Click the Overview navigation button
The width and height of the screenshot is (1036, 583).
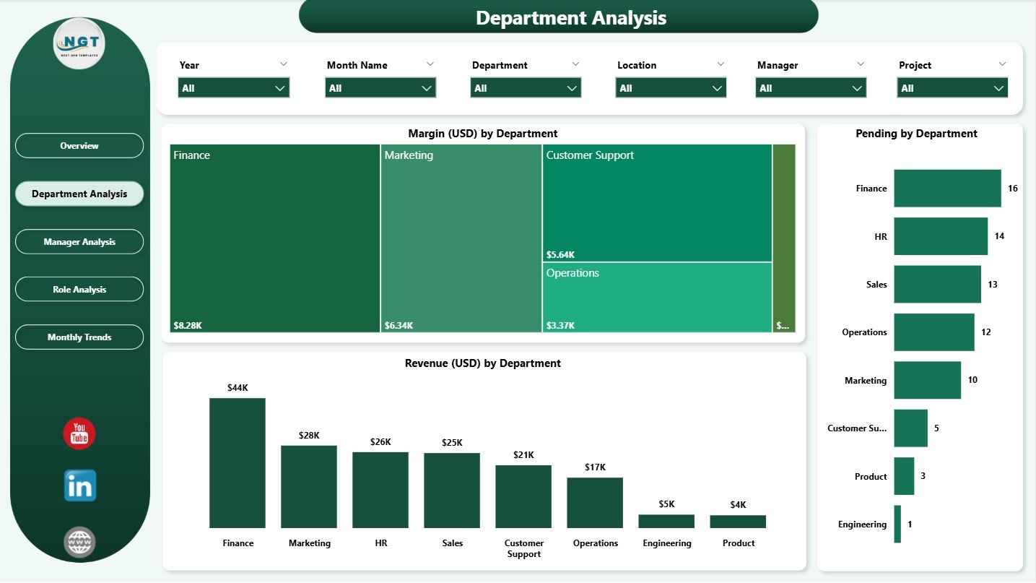(x=79, y=146)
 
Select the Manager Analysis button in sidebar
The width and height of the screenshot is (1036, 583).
(x=79, y=242)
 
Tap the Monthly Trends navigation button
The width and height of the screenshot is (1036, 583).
(x=79, y=337)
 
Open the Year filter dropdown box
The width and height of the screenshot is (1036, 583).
(x=234, y=88)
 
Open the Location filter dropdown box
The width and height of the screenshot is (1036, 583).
(x=671, y=88)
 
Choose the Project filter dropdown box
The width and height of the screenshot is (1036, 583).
(x=952, y=88)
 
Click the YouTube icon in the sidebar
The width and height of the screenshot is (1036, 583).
(x=79, y=433)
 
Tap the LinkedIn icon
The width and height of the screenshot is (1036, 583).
(x=79, y=486)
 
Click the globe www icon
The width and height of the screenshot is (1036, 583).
(x=79, y=542)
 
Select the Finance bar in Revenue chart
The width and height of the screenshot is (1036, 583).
(x=238, y=463)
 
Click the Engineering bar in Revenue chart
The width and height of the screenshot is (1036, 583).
(x=666, y=521)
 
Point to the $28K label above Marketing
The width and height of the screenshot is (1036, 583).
(x=309, y=436)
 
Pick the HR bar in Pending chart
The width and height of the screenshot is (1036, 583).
(x=940, y=236)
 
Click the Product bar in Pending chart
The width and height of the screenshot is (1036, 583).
(x=904, y=476)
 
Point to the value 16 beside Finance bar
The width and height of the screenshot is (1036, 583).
(x=1012, y=189)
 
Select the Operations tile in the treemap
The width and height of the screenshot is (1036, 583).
(x=657, y=297)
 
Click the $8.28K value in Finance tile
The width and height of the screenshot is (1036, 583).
(x=188, y=326)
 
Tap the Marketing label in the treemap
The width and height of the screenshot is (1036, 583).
(x=409, y=155)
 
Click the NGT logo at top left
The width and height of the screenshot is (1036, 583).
(x=79, y=44)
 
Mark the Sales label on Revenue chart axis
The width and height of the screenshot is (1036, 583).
(x=452, y=543)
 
